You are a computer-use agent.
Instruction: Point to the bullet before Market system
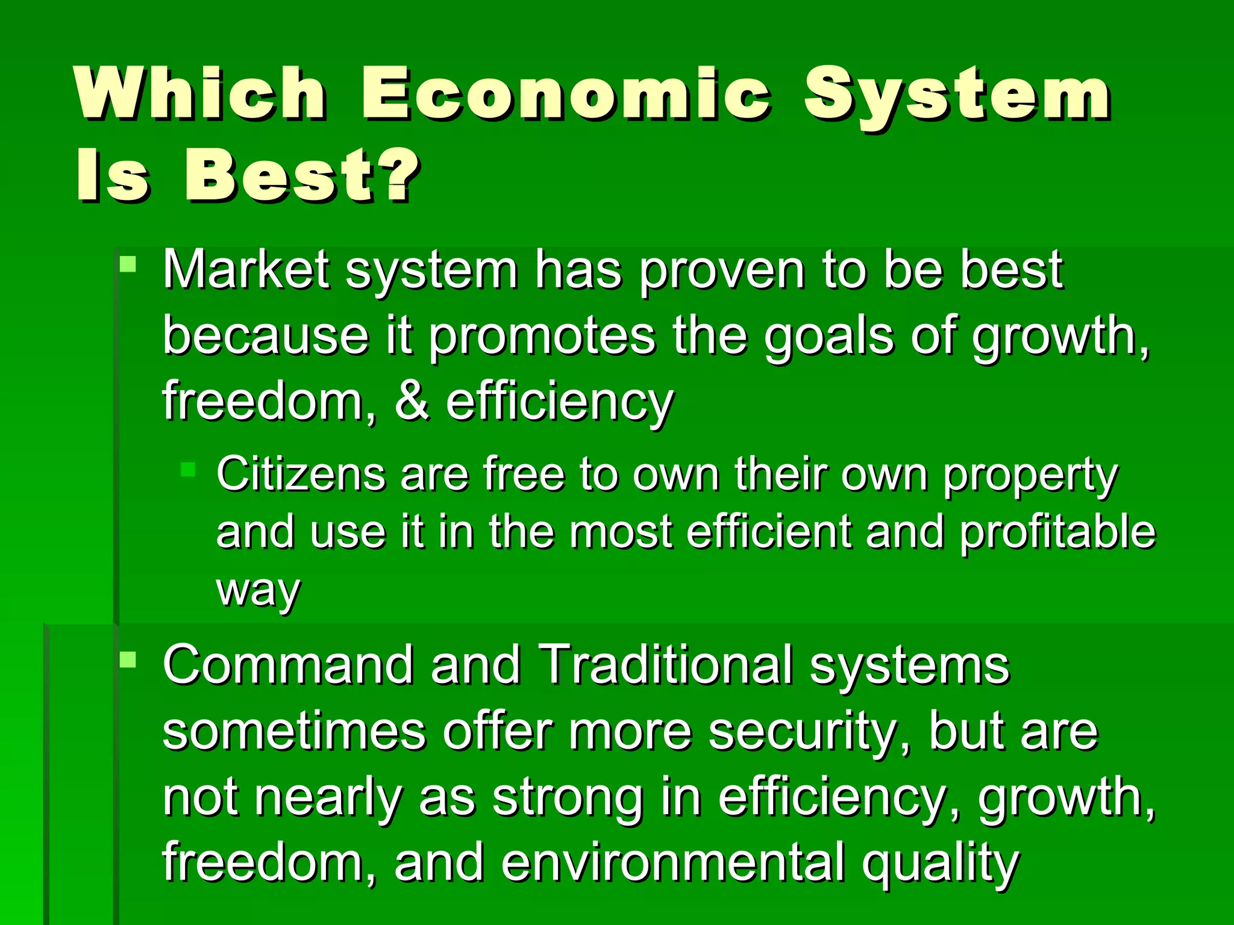128,264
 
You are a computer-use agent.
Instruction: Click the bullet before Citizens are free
188,469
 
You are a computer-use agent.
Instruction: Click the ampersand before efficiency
412,402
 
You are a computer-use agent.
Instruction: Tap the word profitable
1057,532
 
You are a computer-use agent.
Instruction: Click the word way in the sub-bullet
258,591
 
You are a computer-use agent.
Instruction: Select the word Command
288,665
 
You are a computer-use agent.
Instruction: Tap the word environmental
672,862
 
